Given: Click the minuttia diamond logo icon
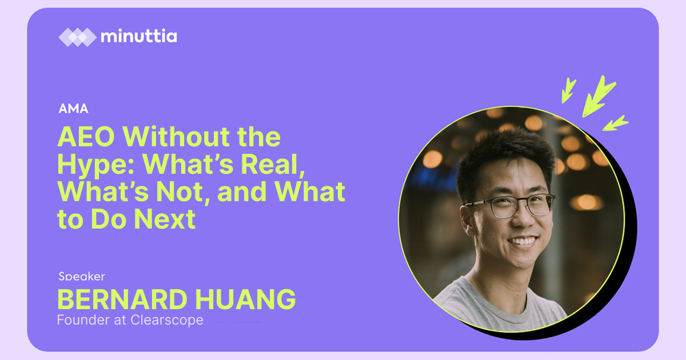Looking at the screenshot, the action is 78,37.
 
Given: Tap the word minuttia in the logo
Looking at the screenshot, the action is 139,36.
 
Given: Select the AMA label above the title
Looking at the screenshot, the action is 74,109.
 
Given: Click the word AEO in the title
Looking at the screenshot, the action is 86,137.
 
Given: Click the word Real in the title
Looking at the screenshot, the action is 272,165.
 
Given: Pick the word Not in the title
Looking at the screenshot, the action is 183,192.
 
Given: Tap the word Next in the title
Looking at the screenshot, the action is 165,219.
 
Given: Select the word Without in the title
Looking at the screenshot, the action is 176,137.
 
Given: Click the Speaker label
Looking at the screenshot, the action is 82,277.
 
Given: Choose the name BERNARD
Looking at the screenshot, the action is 122,299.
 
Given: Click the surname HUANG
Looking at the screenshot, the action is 245,299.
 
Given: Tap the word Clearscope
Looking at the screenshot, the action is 167,320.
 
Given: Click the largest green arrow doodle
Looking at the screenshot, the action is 598,97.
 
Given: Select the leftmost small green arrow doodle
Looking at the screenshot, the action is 568,90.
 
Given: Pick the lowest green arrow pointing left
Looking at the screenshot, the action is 615,123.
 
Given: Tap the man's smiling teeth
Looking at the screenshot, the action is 523,242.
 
